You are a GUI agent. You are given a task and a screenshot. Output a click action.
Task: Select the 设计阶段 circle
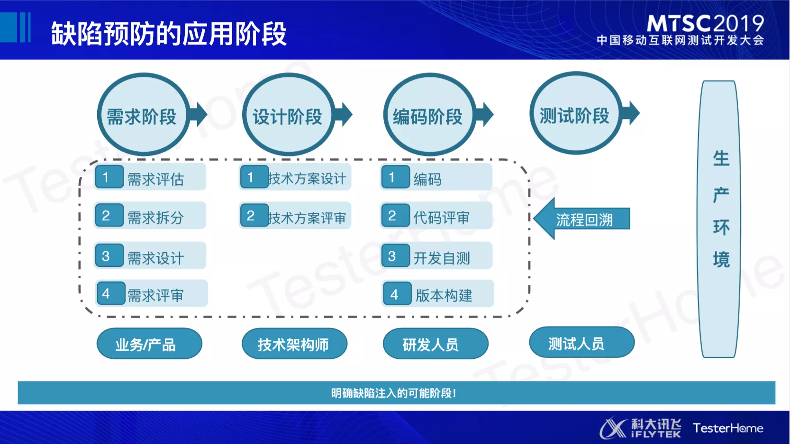tap(288, 115)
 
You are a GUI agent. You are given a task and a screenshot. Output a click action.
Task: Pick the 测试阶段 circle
tap(575, 114)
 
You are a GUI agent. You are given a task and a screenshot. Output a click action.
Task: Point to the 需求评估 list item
tap(151, 178)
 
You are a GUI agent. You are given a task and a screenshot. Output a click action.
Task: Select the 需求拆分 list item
tap(151, 216)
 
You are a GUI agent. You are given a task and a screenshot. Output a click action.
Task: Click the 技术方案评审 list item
tap(296, 216)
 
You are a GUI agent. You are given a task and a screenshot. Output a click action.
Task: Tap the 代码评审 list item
tap(436, 217)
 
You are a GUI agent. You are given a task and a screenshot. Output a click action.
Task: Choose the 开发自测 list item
tap(436, 256)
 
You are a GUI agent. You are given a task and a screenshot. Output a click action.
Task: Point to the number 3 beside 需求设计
tap(106, 256)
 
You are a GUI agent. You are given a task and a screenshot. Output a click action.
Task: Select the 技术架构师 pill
tap(294, 344)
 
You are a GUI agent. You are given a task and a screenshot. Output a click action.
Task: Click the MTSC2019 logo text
tap(705, 24)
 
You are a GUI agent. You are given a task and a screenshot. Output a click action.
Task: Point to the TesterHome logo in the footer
tap(728, 428)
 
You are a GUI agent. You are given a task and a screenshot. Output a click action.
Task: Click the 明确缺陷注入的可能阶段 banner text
tap(393, 393)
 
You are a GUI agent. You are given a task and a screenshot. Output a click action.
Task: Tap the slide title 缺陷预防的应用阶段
tap(169, 33)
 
